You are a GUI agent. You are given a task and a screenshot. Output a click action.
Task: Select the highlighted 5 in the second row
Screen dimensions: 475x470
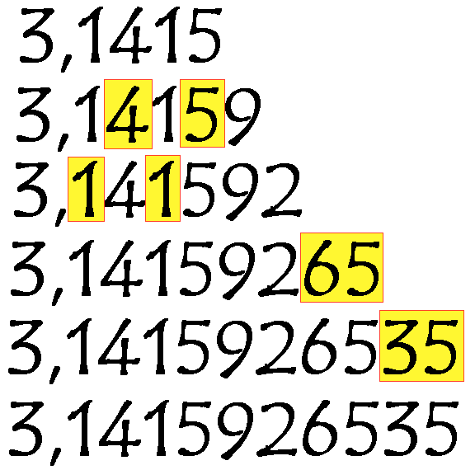point(202,114)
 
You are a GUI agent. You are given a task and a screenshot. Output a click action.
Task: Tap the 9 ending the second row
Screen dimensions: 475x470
point(245,116)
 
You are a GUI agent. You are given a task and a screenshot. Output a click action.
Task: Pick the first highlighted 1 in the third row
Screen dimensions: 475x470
point(86,190)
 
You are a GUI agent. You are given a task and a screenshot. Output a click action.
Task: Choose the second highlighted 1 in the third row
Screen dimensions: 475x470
point(162,189)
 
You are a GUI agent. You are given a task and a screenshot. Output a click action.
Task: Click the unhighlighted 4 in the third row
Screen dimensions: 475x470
point(125,190)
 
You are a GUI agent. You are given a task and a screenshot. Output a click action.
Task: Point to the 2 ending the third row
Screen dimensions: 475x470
point(282,190)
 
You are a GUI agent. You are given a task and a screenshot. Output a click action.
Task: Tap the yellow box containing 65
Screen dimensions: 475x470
point(341,267)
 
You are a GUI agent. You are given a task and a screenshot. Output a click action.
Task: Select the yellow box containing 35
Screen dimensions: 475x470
point(421,345)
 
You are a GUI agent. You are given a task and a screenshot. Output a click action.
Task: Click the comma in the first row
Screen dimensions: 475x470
point(66,63)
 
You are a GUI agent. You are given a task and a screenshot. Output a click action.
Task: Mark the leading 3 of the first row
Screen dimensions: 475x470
point(37,35)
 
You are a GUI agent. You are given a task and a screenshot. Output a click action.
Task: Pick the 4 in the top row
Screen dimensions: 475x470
point(131,35)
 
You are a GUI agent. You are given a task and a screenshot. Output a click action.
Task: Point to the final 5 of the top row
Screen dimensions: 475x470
point(205,35)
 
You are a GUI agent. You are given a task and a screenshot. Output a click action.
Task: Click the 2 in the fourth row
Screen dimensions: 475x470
point(279,268)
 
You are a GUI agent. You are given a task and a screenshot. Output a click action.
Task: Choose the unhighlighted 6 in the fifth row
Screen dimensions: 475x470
point(319,345)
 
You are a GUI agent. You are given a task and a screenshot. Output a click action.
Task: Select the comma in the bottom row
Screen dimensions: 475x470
point(55,457)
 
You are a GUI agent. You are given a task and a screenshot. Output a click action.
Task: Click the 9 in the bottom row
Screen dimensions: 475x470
point(236,430)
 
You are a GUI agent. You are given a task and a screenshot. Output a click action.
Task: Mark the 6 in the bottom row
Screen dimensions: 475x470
point(320,428)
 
